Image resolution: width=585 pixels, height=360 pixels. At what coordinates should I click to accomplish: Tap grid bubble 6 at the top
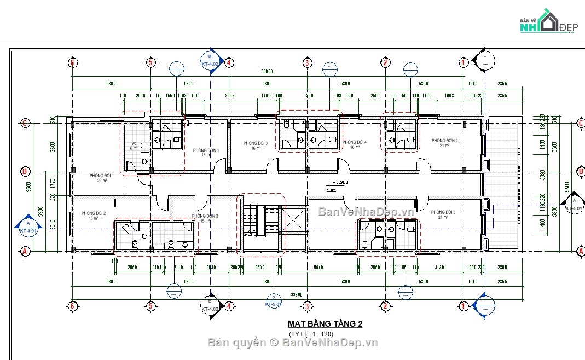[72, 62]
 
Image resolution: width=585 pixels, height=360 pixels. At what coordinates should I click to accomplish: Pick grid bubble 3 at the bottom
[308, 305]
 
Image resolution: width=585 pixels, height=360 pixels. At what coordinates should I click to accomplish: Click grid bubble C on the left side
[25, 123]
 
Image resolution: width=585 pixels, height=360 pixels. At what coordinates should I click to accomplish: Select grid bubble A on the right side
[581, 251]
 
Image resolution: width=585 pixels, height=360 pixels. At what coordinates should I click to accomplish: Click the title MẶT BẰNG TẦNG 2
[325, 323]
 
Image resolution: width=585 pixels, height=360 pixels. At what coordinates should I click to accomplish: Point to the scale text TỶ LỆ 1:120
[310, 334]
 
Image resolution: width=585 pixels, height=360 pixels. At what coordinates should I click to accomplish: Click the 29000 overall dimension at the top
[267, 72]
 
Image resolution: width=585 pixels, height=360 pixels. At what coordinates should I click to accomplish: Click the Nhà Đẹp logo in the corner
[547, 22]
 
